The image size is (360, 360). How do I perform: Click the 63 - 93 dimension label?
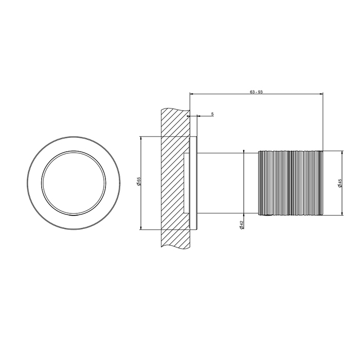(256, 92)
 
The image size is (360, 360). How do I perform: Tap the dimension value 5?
(212, 114)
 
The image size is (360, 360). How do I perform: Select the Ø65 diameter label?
(138, 182)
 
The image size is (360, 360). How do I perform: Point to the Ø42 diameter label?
(241, 225)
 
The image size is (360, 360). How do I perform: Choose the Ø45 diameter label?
(340, 183)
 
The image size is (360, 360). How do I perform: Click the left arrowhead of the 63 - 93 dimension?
(192, 94)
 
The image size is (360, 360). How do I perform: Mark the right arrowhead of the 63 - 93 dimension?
(321, 94)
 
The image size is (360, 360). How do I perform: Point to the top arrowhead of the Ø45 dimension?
(343, 153)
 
